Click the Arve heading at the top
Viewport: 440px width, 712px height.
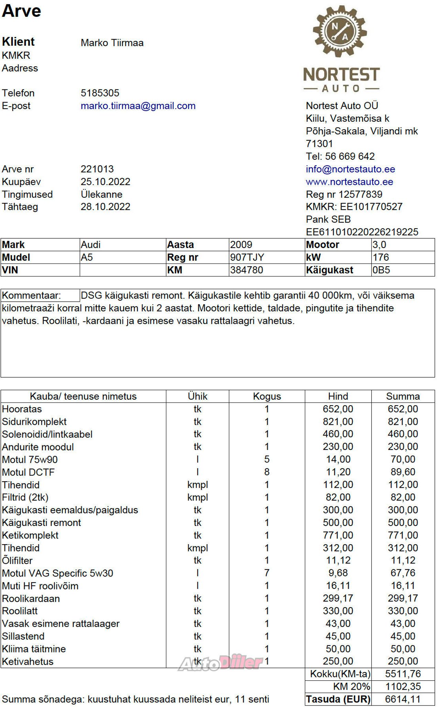[x=21, y=11]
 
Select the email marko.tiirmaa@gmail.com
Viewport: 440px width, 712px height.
[x=138, y=106]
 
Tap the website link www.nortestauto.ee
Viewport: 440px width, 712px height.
[x=349, y=182]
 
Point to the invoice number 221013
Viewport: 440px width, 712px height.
[x=97, y=169]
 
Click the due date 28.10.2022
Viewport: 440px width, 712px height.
[x=105, y=207]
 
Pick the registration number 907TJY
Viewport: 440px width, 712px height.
[x=247, y=257]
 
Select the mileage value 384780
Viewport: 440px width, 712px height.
[x=246, y=270]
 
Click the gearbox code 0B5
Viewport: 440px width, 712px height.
[x=381, y=270]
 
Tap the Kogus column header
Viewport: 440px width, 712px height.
[x=267, y=396]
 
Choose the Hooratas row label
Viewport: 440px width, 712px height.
[x=22, y=409]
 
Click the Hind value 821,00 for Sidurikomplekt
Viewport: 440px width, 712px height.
[x=338, y=422]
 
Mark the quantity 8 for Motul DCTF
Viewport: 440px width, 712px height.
[x=267, y=472]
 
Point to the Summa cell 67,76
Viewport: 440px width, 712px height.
[x=403, y=573]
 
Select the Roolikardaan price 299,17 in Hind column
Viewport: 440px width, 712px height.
[x=338, y=598]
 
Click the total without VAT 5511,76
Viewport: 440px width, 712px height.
[x=403, y=674]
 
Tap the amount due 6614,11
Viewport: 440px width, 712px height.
[x=403, y=699]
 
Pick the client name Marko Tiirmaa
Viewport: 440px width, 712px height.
[x=112, y=43]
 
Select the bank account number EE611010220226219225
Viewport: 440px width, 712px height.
[x=362, y=232]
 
